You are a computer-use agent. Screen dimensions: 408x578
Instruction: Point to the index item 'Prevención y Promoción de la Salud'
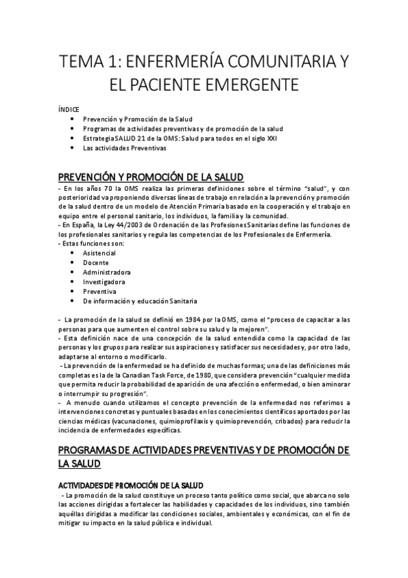136,119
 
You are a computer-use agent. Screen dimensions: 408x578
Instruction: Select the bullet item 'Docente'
96,262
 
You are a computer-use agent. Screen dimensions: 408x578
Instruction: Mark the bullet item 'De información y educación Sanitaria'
140,300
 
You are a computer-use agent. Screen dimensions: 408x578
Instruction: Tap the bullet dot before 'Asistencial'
72,252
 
